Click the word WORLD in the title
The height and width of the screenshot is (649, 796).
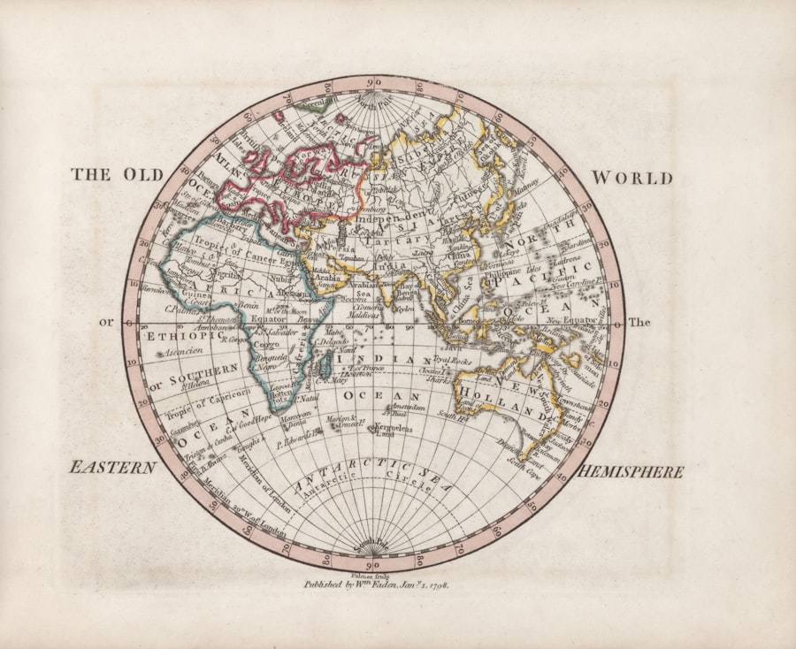pyautogui.click(x=631, y=178)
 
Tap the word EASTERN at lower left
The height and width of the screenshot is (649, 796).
pyautogui.click(x=113, y=467)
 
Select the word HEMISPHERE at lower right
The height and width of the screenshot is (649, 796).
pyautogui.click(x=630, y=472)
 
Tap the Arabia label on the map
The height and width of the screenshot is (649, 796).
pyautogui.click(x=327, y=275)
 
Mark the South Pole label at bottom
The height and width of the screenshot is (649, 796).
pyautogui.click(x=372, y=547)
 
